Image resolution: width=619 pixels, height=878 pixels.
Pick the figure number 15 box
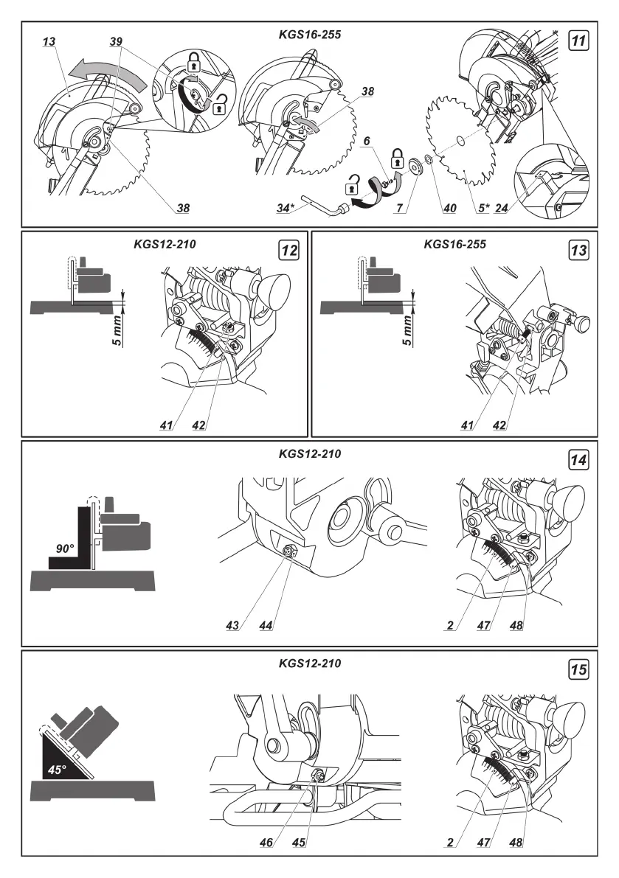pos(580,670)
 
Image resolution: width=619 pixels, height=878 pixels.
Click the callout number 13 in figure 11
pos(49,43)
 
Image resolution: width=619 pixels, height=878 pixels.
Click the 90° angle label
pos(66,548)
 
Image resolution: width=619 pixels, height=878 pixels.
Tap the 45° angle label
pos(57,769)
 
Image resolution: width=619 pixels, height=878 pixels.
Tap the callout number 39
pos(115,43)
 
